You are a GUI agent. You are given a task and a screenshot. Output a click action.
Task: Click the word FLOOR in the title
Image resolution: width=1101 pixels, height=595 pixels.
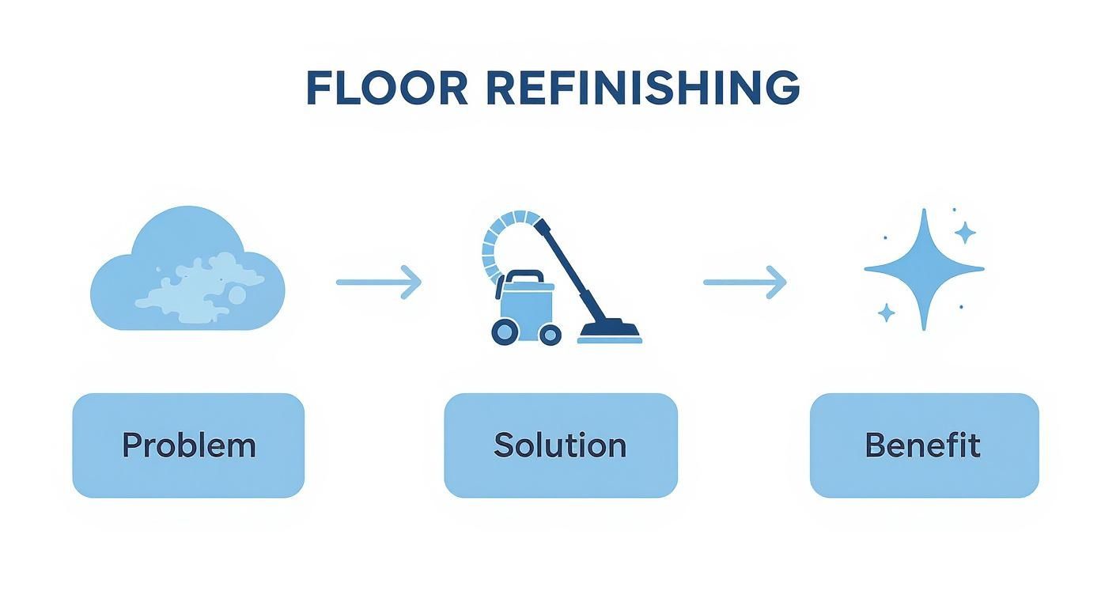click(387, 88)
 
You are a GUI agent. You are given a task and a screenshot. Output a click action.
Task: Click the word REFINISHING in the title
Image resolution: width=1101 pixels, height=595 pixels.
click(642, 88)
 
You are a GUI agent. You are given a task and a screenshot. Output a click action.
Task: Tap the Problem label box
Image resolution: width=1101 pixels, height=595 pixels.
click(188, 445)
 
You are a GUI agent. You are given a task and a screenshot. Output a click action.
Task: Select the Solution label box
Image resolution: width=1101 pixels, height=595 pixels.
click(560, 445)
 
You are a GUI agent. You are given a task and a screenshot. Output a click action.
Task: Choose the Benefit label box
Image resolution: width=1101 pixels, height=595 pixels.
click(923, 445)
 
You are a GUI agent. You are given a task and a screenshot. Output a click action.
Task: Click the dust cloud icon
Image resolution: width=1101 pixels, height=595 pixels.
click(187, 269)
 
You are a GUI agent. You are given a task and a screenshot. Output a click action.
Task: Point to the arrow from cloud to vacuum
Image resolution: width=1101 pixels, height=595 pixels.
click(378, 282)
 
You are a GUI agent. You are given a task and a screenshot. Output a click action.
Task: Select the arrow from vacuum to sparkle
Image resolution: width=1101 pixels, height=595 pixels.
click(744, 282)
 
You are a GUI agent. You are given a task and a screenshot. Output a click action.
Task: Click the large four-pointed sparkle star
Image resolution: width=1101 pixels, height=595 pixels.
click(923, 269)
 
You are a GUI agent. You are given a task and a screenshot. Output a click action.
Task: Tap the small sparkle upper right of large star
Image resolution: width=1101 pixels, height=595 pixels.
click(964, 233)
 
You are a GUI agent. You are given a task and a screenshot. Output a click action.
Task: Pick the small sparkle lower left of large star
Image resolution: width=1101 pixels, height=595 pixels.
click(887, 313)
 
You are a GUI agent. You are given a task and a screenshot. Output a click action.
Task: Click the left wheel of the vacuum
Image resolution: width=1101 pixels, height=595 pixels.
click(505, 332)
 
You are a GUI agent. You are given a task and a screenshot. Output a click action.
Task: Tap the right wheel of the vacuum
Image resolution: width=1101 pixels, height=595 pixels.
click(550, 335)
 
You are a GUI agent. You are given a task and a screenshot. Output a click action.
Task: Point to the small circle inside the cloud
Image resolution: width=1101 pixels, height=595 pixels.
click(236, 295)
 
